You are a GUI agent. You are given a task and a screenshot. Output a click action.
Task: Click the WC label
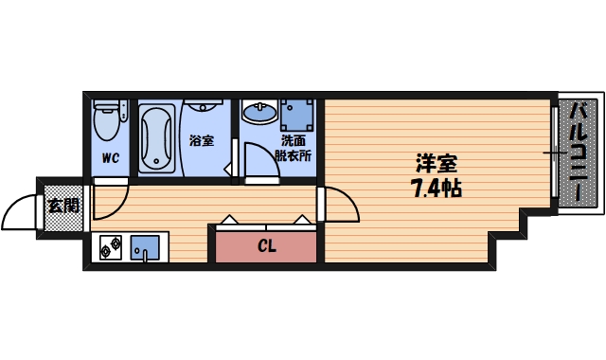[110, 158]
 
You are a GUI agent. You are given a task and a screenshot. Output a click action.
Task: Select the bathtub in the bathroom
[158, 138]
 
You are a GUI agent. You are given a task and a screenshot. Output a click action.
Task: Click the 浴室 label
[201, 141]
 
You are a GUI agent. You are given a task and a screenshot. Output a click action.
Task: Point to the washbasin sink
[258, 114]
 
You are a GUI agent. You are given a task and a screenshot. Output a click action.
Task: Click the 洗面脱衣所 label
[293, 148]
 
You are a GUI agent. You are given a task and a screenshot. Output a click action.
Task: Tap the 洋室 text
[437, 162]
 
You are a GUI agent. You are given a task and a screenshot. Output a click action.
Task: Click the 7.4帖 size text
[436, 188]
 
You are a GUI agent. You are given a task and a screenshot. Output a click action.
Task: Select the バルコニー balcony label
[579, 153]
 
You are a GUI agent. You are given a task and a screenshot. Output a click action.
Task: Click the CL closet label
[266, 247]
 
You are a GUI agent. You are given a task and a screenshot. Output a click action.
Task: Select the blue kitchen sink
[146, 246]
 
